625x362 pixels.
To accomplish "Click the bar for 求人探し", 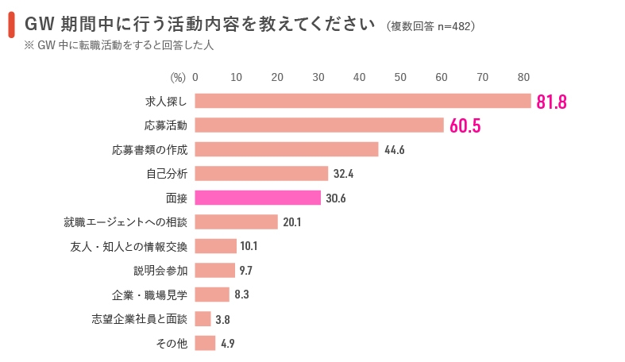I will click(363, 101).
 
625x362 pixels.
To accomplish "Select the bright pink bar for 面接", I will click(258, 198).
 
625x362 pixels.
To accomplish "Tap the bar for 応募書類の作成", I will click(287, 149).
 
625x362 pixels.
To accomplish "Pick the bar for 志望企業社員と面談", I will click(203, 319).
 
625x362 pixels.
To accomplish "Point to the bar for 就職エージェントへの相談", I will click(236, 222).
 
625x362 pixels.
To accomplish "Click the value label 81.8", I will click(551, 102).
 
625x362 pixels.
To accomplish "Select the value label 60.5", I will click(465, 126).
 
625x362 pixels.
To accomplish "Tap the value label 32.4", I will click(344, 174).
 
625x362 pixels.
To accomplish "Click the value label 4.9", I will click(227, 344).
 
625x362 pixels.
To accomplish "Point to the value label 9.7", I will click(245, 271).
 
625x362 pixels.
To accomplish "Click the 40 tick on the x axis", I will click(359, 77).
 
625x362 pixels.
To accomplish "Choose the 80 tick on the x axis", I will click(523, 77).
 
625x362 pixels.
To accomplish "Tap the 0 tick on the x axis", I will click(195, 77).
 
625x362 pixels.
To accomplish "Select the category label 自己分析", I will click(167, 174).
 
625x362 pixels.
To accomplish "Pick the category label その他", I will click(171, 344).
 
